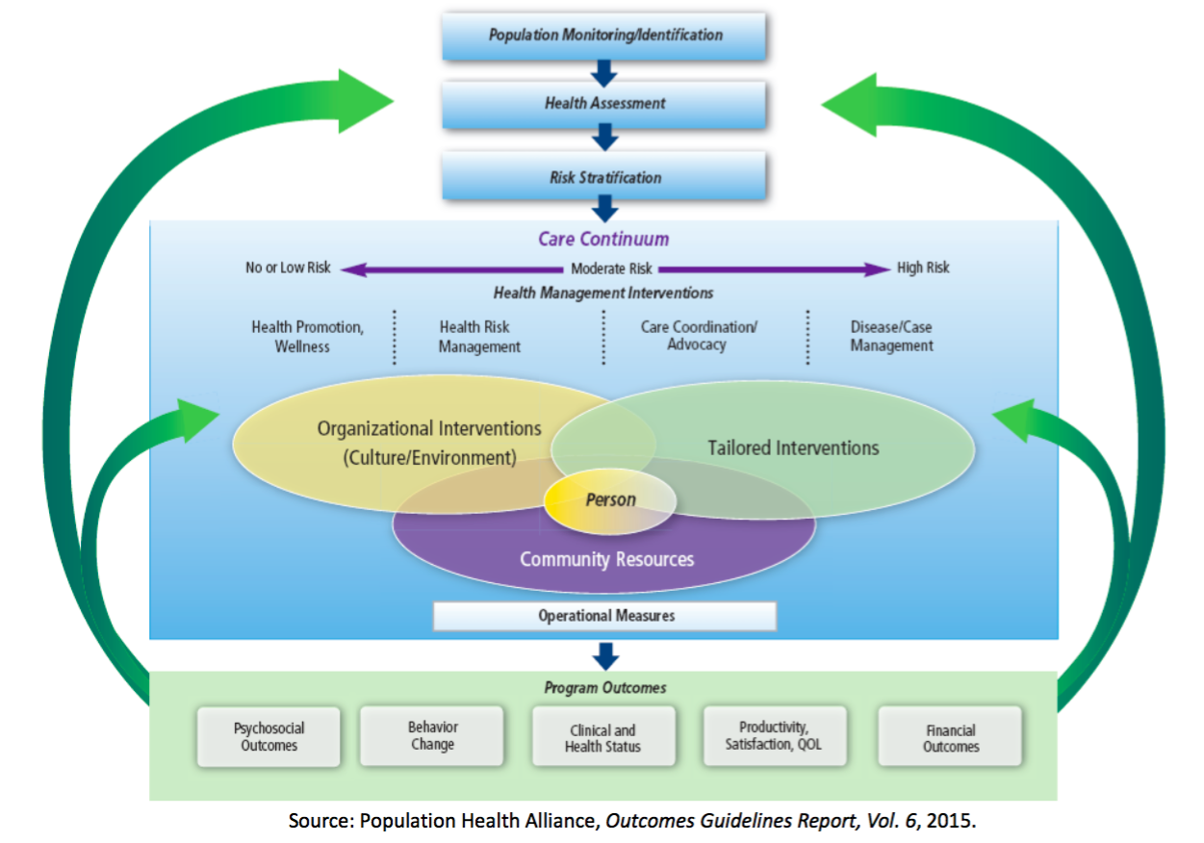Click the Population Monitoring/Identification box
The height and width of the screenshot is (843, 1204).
(x=603, y=36)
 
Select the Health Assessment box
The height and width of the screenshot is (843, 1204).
(x=603, y=104)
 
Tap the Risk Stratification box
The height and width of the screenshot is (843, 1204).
(x=603, y=178)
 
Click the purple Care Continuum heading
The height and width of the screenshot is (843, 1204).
(x=603, y=239)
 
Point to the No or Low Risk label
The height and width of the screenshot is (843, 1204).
(x=288, y=268)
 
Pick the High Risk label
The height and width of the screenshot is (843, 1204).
(x=923, y=268)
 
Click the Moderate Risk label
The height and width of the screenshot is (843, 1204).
(x=611, y=268)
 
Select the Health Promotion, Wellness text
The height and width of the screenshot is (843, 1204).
(x=308, y=337)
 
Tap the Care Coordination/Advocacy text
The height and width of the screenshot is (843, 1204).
(x=699, y=336)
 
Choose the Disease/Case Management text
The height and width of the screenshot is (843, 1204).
(x=891, y=337)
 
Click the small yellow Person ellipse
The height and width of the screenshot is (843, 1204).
(x=610, y=499)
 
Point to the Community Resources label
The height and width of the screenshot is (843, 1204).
(x=606, y=559)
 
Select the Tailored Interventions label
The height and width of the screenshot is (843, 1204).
(x=793, y=447)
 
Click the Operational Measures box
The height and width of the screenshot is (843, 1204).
(x=604, y=616)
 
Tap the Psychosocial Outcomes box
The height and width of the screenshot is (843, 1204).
(x=269, y=737)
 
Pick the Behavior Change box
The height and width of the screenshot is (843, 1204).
(x=432, y=736)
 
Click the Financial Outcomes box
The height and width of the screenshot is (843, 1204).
(x=950, y=738)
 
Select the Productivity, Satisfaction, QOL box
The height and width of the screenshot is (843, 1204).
(x=775, y=736)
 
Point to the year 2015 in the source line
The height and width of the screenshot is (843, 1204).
(x=952, y=822)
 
